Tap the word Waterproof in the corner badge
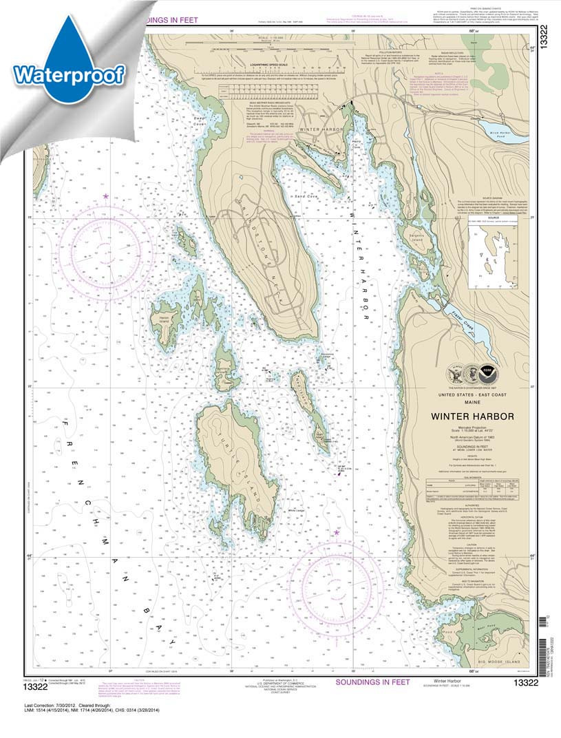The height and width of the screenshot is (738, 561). pyautogui.click(x=67, y=73)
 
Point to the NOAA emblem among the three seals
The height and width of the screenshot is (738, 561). pyautogui.click(x=488, y=372)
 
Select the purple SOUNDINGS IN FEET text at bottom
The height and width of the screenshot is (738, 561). pyautogui.click(x=372, y=682)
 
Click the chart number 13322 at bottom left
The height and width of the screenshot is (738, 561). pyautogui.click(x=40, y=685)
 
